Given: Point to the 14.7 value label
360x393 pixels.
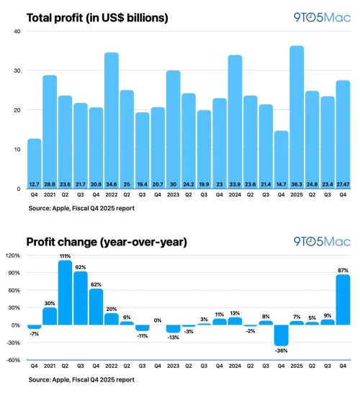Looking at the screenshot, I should [x=281, y=184].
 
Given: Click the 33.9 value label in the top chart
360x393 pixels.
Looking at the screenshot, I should [x=235, y=184].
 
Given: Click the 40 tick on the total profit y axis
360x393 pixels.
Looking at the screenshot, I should [x=17, y=32].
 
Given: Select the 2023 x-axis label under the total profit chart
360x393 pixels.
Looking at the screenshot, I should [x=173, y=195].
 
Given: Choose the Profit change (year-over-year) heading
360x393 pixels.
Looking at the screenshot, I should [x=106, y=243].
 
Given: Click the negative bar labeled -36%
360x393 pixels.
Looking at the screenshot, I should [x=281, y=335].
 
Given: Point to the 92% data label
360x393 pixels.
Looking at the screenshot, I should [x=80, y=267].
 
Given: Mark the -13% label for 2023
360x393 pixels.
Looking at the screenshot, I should [x=173, y=338].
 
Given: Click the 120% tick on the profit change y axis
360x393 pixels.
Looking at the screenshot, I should [x=14, y=256].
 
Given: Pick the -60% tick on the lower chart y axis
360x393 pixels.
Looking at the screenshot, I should [x=14, y=360].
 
